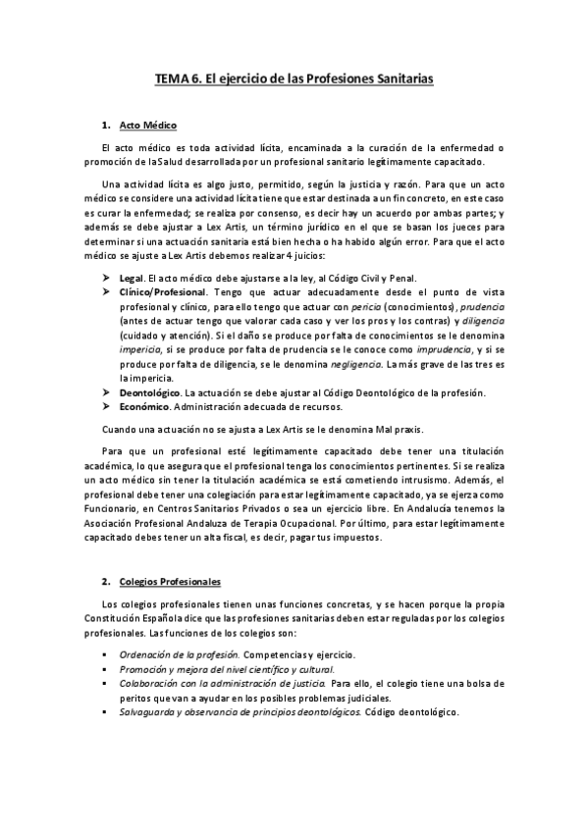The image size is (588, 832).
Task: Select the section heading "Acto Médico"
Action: (147, 128)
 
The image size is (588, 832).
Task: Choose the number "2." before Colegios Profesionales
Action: (106, 582)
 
